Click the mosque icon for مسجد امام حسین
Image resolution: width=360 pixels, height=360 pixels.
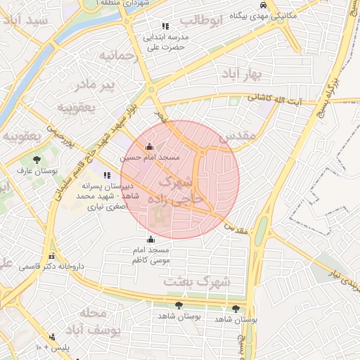(x=149, y=147)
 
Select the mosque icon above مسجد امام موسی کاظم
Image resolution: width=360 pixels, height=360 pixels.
(x=150, y=239)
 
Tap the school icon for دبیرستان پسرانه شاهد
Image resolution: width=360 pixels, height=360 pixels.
(x=107, y=175)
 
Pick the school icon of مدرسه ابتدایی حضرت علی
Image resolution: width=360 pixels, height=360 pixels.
(x=165, y=27)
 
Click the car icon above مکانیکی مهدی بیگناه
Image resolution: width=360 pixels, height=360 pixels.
(x=263, y=4)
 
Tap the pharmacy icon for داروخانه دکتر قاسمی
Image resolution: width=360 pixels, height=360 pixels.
(x=51, y=256)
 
